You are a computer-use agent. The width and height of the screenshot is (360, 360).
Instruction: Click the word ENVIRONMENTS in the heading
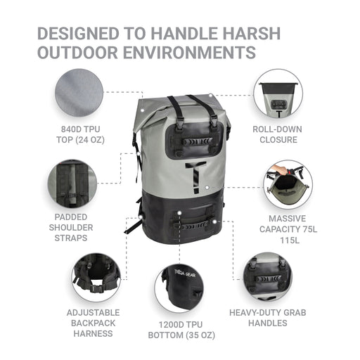tap(189, 52)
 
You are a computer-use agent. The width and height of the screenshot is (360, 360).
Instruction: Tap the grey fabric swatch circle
tap(79, 93)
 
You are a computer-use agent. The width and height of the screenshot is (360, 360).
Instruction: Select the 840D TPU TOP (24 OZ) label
tap(80, 134)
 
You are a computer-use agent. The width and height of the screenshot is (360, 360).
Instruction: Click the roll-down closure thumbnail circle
tap(278, 94)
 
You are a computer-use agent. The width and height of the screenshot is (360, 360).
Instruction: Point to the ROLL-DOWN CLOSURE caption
tap(278, 134)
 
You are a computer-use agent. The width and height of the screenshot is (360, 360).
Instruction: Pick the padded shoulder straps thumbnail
tap(72, 184)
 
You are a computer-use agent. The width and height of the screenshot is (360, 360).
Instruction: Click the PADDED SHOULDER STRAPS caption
tap(71, 227)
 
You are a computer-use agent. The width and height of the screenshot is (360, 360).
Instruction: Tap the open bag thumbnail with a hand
tap(288, 184)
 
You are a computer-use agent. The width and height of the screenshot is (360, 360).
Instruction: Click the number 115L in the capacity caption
tap(290, 240)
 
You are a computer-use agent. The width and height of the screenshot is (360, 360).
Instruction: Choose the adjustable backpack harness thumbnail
tap(96, 278)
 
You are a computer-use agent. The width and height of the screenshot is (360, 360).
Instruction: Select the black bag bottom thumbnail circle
tap(179, 288)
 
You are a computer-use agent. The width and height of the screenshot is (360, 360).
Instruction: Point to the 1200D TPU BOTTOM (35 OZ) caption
tap(181, 330)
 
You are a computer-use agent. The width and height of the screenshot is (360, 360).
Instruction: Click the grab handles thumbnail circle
tap(268, 277)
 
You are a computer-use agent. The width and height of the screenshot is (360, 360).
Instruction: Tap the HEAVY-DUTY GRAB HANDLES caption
tap(268, 318)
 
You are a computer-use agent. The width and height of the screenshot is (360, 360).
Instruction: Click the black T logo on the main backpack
tap(195, 177)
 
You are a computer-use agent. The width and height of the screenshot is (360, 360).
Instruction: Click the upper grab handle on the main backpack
tap(198, 141)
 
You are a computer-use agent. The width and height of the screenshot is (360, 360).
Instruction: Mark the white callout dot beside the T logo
tap(207, 188)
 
